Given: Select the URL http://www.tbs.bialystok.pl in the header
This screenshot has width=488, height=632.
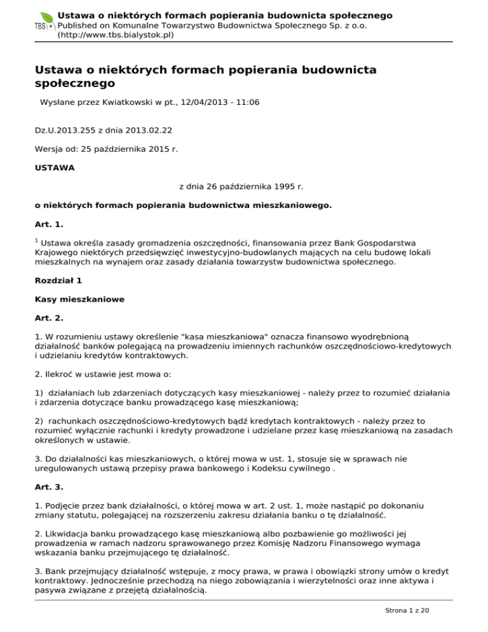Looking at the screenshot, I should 116,35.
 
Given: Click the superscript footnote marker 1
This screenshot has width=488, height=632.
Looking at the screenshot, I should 36,240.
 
